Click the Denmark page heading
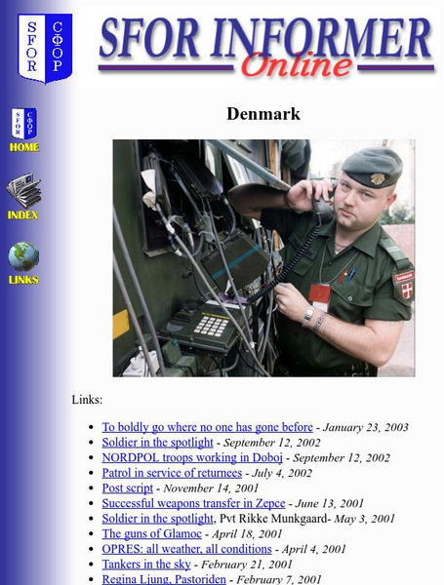point(263,114)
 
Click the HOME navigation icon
point(24,131)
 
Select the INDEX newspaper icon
point(23,196)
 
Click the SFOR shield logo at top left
point(45,47)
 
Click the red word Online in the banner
point(296,65)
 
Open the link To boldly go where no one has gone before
point(207,427)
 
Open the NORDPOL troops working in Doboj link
point(192,457)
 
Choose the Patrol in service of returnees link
point(172,473)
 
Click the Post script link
point(127,487)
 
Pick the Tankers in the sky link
point(147,565)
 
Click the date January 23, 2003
point(366,427)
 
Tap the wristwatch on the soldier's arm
point(308,314)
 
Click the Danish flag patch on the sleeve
point(403,286)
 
